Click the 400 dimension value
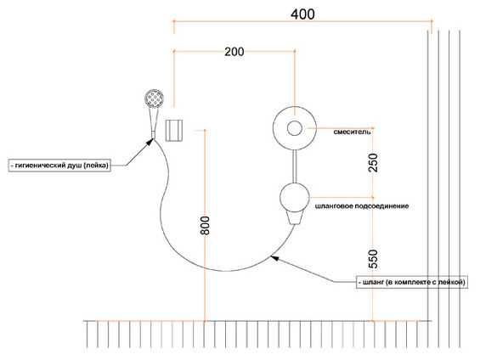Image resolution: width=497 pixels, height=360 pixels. pos(302,14)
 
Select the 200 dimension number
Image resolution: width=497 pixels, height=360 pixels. pos(234,52)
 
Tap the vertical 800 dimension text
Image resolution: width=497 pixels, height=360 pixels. pos(205,225)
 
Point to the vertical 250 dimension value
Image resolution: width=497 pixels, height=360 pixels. pos(373,162)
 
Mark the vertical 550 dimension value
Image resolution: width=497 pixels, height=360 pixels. pos(373,259)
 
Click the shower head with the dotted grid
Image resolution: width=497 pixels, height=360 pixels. pos(154,98)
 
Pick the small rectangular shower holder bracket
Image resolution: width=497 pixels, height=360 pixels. pos(174,130)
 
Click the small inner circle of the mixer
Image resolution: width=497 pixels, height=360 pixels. pos(295,128)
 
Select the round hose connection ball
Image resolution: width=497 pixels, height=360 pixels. pos(295,197)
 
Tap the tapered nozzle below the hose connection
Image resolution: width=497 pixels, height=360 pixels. pos(295,218)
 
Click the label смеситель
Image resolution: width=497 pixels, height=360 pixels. pos(352,132)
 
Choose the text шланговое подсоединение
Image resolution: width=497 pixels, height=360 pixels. pos(362,206)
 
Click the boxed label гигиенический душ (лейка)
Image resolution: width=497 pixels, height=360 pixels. pos(59,166)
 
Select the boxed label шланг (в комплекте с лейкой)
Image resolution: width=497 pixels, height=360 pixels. pos(412,282)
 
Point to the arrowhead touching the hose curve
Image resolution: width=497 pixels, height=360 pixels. pos(274,258)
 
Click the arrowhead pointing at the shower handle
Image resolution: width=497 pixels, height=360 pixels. pos(150,142)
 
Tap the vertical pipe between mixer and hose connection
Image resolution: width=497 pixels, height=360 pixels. pos(295,166)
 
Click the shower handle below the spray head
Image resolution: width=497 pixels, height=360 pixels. pos(153,123)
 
